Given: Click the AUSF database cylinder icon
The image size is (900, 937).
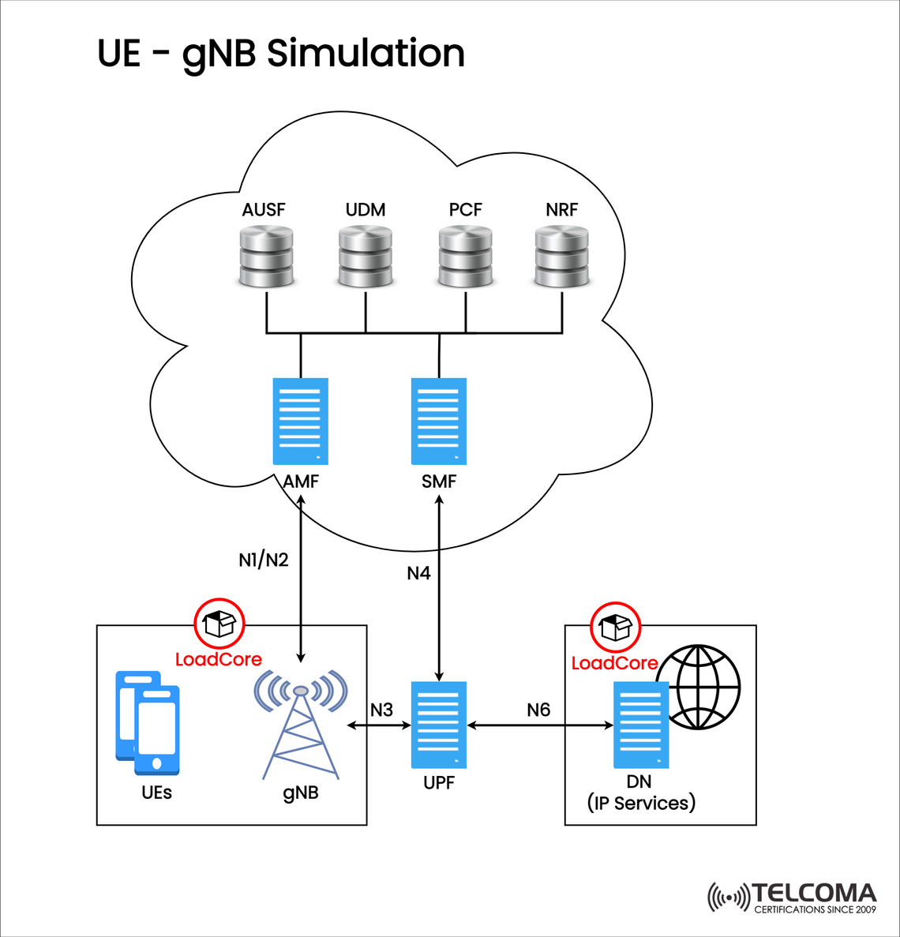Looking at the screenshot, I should coord(266,256).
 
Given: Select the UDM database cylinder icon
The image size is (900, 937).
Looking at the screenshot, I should coord(365,256).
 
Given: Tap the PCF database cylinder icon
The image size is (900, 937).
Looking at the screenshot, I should coord(465,256).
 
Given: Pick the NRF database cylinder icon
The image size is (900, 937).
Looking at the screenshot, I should coord(561,256).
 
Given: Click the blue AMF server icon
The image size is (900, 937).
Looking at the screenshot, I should coord(300,422).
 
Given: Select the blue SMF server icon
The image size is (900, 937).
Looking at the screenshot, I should coord(439,422).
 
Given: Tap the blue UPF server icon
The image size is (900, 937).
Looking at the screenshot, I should coord(439,725).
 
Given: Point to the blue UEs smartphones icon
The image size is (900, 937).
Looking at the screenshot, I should coord(148,722).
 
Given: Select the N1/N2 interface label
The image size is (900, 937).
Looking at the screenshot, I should coord(264,560).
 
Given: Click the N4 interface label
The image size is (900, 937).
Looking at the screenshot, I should coord(418,573).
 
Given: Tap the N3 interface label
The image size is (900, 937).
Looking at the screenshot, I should coord(381,710).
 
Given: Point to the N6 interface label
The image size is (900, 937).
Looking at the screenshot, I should coord(538,710).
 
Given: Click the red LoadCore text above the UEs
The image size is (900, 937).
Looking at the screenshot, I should coord(218,659).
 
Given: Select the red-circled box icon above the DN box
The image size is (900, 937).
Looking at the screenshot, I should coord(616,627).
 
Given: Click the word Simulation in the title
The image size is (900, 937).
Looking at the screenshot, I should coord(366,54).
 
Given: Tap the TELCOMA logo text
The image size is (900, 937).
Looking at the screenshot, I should coord(813,894).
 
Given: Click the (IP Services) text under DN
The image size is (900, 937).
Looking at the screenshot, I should coord(641,803).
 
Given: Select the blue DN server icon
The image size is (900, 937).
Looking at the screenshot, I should coord(641,725).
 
